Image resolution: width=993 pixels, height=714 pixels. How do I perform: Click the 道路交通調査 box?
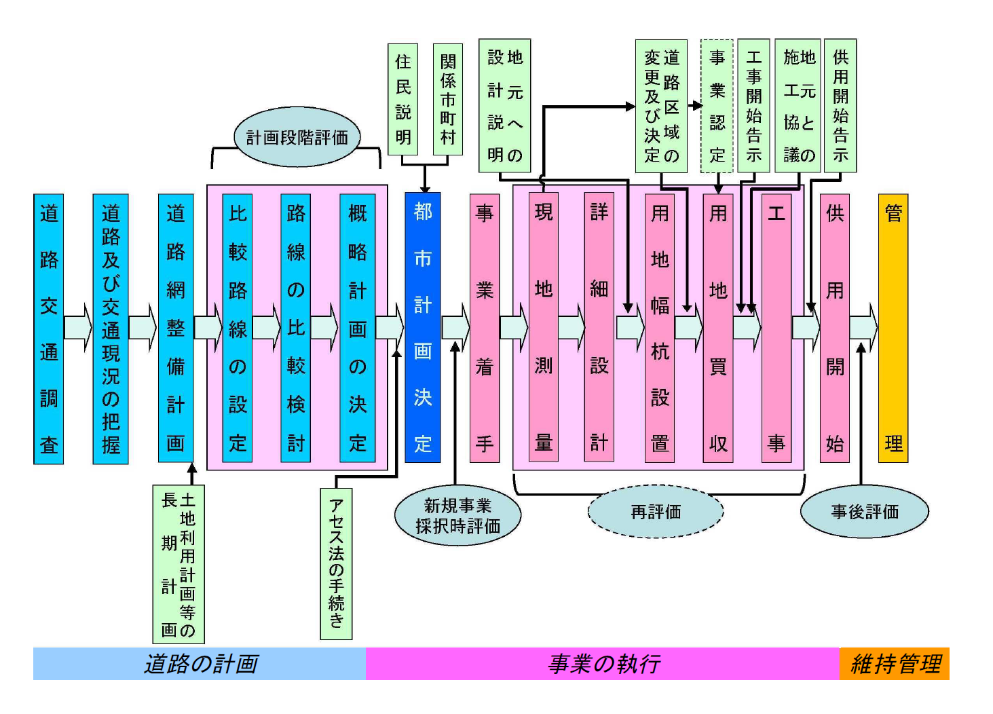click(48, 328)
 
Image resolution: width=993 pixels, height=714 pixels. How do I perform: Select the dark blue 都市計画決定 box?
click(422, 328)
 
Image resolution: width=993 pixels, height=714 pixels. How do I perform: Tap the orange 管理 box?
click(893, 328)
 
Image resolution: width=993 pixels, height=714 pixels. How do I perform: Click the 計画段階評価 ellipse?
click(297, 137)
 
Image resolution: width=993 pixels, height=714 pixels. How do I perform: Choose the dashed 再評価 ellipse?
click(655, 512)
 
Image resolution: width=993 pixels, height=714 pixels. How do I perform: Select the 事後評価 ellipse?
click(864, 512)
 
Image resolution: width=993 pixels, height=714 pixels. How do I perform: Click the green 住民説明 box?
click(402, 100)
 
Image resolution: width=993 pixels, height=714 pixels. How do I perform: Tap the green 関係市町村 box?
click(447, 100)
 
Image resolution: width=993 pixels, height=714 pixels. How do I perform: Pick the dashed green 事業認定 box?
click(717, 106)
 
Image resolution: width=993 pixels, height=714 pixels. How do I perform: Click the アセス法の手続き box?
click(336, 563)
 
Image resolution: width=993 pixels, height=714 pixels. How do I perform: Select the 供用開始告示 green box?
click(840, 106)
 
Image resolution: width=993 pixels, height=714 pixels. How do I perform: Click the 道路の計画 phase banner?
click(200, 664)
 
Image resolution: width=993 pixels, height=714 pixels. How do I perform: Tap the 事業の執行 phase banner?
click(603, 664)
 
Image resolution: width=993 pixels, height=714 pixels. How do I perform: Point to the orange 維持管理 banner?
click(895, 664)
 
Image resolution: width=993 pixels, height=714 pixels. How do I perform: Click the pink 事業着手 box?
click(484, 328)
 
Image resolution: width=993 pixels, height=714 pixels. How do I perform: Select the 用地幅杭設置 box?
click(660, 328)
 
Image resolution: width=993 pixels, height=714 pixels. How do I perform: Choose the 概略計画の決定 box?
click(357, 328)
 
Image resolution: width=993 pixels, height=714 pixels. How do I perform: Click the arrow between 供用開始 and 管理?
click(863, 328)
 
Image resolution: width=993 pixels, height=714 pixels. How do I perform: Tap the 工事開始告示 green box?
click(753, 106)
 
